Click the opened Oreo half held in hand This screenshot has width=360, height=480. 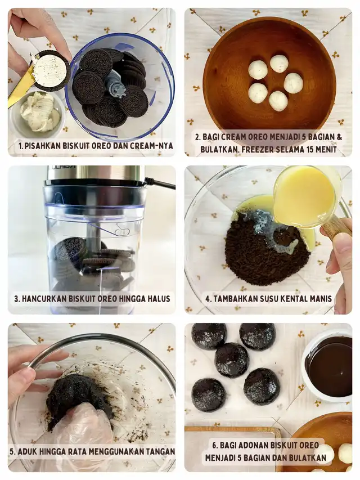click(51, 70)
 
